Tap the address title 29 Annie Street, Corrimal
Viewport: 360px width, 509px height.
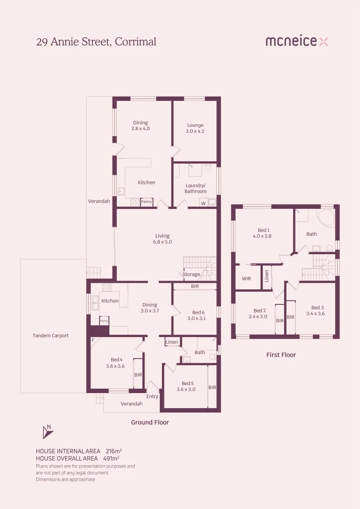click(96, 41)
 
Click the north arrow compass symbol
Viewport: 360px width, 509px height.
click(47, 432)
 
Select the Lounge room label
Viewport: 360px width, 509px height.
click(195, 128)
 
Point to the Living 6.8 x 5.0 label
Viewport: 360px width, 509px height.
click(162, 238)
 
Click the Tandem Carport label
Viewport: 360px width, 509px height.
click(50, 336)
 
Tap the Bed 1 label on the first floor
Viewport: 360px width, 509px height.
click(262, 233)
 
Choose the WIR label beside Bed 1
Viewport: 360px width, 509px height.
click(246, 279)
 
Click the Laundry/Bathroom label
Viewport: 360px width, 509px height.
click(196, 189)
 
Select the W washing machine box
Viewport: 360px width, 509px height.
click(204, 204)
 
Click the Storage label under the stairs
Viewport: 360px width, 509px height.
click(191, 274)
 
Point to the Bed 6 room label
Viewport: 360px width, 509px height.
click(198, 315)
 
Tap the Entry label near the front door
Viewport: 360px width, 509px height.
click(152, 396)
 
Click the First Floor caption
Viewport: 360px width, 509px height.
click(281, 355)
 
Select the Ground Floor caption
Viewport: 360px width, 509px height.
click(150, 422)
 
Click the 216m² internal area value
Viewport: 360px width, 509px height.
click(111, 451)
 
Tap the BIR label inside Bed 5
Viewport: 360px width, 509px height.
click(212, 387)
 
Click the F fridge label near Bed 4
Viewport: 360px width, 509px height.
click(93, 340)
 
